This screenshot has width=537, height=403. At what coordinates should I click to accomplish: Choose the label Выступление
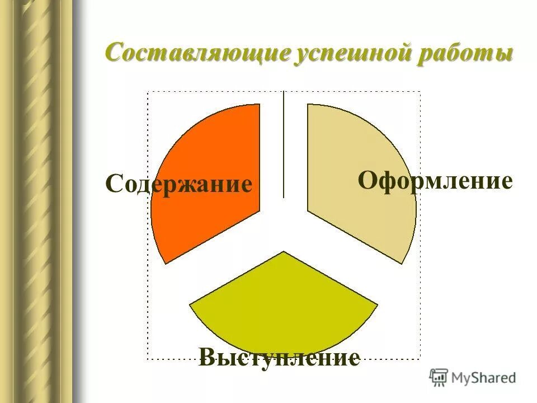click(x=279, y=357)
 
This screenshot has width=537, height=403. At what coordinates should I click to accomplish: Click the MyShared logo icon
click(x=439, y=377)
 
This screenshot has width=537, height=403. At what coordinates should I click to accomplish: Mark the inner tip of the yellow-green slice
click(x=284, y=253)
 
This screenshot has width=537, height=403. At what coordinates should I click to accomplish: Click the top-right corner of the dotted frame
click(x=420, y=92)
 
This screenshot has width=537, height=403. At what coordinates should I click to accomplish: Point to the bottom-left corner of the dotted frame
click(x=148, y=359)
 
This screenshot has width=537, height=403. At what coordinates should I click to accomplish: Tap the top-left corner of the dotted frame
click(x=148, y=92)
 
